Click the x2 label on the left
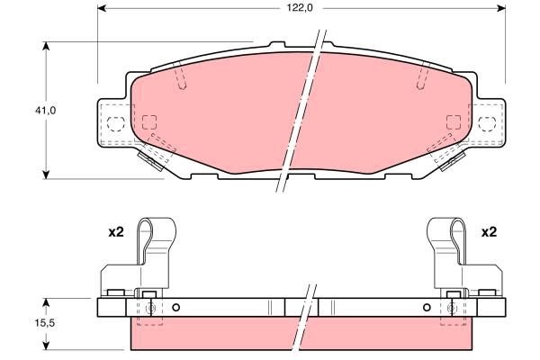114,232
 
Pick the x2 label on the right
489,232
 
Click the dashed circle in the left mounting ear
114,123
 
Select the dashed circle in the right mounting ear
489,123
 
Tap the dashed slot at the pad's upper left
182,79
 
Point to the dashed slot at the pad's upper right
420,79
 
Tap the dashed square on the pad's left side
150,122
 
